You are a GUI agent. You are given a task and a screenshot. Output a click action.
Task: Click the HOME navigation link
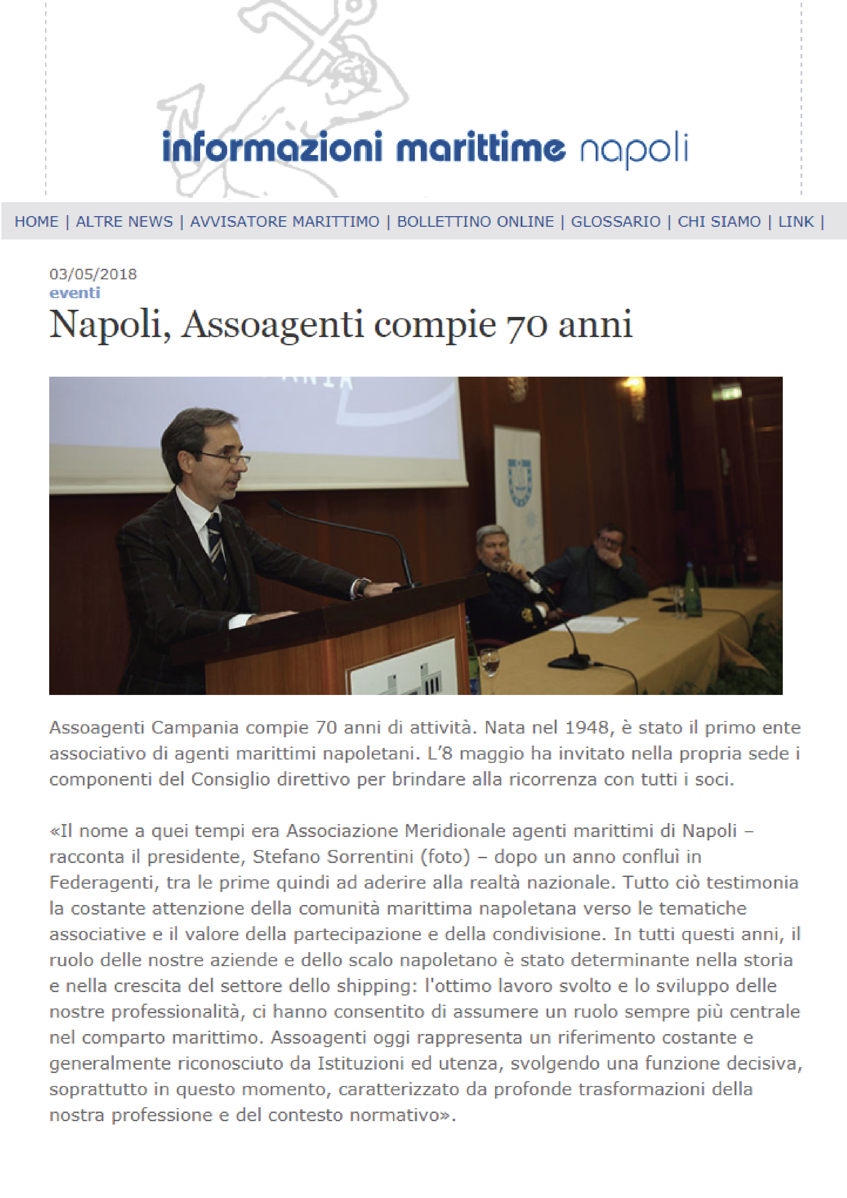click(x=36, y=222)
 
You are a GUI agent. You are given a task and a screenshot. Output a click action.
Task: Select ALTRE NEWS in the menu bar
click(x=124, y=222)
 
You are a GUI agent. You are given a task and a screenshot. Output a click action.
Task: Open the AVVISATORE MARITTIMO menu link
click(x=284, y=222)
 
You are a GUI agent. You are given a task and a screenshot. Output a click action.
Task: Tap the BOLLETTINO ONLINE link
click(x=475, y=222)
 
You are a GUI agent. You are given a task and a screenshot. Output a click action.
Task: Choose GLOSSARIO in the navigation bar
click(x=615, y=222)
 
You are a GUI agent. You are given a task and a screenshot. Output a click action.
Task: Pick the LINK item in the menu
click(x=795, y=222)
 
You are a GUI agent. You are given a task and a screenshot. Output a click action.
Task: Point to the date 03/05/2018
click(x=93, y=275)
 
